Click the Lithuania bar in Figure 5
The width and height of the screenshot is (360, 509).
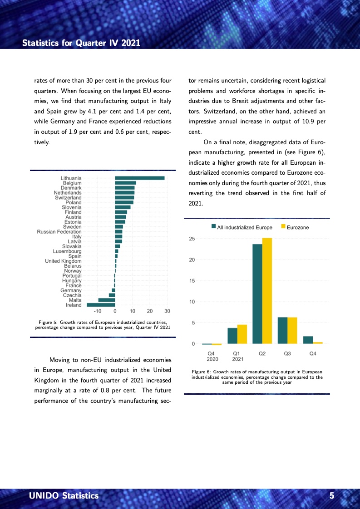tap(139, 178)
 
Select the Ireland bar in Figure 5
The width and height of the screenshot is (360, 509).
tap(101, 305)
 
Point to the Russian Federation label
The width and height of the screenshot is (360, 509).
tap(59, 232)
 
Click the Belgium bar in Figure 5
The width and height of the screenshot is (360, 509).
tap(125, 183)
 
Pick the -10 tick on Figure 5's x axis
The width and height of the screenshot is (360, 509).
tap(97, 311)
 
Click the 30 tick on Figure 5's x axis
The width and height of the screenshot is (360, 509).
tap(167, 311)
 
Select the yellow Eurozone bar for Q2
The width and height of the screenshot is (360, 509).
tap(267, 291)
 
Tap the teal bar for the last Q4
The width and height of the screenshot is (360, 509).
tap(308, 340)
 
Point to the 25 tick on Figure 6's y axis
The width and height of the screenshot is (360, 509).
tap(192, 239)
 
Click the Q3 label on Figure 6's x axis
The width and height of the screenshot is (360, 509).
tap(287, 353)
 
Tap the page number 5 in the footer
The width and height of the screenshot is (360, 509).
tap(332, 496)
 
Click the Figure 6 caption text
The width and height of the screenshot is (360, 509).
tap(257, 377)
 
